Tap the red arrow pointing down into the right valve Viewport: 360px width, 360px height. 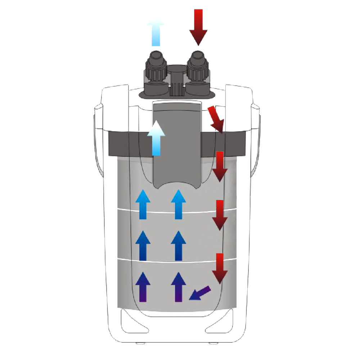198,27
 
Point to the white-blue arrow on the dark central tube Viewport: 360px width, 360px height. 156,138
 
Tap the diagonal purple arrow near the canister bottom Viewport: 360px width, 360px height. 200,292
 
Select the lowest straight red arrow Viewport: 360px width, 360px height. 219,269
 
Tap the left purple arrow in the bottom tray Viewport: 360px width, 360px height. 143,287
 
